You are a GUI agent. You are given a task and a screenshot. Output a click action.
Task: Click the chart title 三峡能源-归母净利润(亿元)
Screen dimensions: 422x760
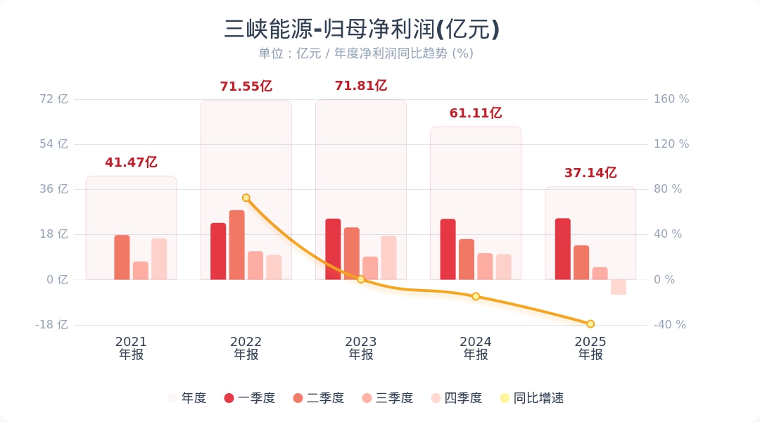pyautogui.click(x=362, y=30)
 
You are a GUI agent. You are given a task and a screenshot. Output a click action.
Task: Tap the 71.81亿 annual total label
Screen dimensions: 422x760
pyautogui.click(x=361, y=86)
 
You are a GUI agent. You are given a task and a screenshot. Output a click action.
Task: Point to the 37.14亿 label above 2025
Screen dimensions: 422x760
pyautogui.click(x=590, y=173)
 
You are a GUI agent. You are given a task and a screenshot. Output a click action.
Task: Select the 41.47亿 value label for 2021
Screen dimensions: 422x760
pyautogui.click(x=131, y=162)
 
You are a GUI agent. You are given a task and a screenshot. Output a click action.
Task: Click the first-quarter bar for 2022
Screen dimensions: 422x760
pyautogui.click(x=218, y=251)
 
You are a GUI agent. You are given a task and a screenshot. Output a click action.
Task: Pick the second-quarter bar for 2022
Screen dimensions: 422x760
pyautogui.click(x=236, y=245)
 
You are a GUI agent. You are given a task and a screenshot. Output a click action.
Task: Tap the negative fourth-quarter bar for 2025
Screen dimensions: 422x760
pyautogui.click(x=619, y=287)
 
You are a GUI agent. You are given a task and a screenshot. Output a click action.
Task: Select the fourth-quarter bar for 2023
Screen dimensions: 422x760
pyautogui.click(x=389, y=257)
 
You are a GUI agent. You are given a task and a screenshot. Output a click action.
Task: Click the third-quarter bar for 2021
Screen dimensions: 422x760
pyautogui.click(x=141, y=271)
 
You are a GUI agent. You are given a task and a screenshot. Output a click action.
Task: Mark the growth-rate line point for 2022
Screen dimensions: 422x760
pyautogui.click(x=246, y=198)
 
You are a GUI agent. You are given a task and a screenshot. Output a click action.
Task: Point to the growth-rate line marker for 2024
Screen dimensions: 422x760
pyautogui.click(x=476, y=297)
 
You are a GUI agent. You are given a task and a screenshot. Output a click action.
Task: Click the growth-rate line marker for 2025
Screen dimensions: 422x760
pyautogui.click(x=590, y=324)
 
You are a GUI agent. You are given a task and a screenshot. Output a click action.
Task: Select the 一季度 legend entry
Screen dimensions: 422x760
pyautogui.click(x=249, y=398)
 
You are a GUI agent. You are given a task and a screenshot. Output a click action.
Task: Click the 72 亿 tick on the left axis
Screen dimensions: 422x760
pyautogui.click(x=54, y=99)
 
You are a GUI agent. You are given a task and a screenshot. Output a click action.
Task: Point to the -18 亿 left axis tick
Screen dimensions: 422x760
pyautogui.click(x=52, y=325)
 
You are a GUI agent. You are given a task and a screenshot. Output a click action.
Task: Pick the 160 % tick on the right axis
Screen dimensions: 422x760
pyautogui.click(x=671, y=99)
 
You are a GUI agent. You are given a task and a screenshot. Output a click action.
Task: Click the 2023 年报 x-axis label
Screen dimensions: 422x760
pyautogui.click(x=361, y=348)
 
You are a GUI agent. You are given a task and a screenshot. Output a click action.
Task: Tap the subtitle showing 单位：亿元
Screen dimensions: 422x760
pyautogui.click(x=365, y=53)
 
